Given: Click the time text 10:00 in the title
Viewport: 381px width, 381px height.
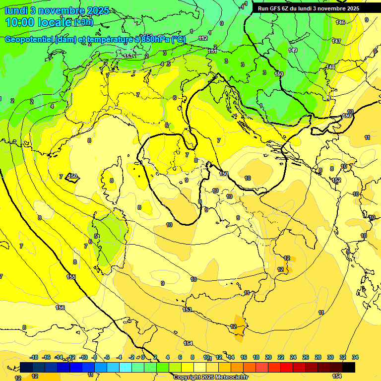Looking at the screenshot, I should point(23,22).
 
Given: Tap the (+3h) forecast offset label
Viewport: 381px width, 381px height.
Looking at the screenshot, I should point(83,22).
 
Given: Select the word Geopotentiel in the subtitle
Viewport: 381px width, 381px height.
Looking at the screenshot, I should point(28,39).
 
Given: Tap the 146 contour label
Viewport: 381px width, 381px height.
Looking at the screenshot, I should point(340,23).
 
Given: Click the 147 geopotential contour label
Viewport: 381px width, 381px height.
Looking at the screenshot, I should point(337,41).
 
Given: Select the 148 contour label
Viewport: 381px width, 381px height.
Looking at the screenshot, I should point(330,67).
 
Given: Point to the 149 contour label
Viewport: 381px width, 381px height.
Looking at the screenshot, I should point(293,50).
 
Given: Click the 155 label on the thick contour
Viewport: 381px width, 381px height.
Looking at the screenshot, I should point(71,277).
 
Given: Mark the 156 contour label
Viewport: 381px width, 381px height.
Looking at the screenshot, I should point(60,308).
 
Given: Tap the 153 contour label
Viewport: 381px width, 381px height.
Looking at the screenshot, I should point(187,310).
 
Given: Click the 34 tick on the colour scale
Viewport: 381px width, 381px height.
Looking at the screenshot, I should point(355,357).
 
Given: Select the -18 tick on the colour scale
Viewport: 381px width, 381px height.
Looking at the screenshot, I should point(34,357).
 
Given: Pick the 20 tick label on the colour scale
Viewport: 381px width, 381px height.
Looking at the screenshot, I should point(268,357).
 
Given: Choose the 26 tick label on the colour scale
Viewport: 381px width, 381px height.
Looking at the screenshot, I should point(306,357).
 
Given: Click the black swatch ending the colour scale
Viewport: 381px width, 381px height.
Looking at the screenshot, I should point(349,367).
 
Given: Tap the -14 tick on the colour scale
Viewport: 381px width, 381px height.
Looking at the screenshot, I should point(59,357).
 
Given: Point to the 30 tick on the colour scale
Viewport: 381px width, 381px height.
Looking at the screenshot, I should point(330,357).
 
